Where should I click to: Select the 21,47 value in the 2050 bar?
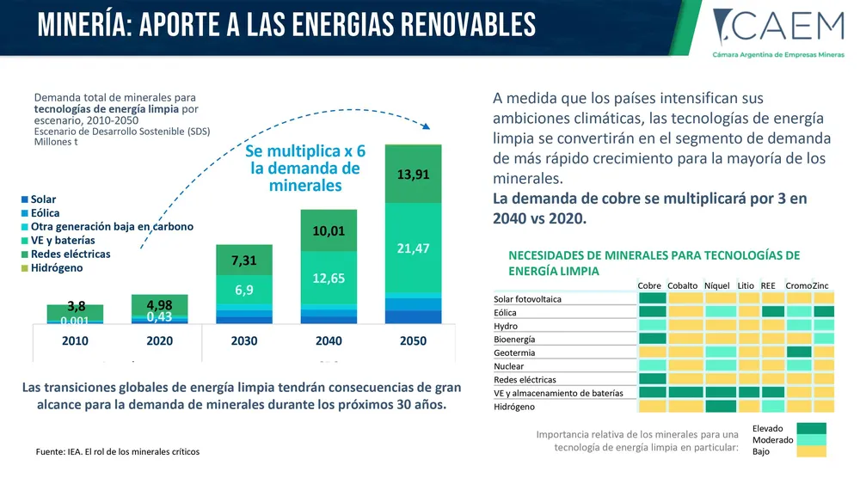413,248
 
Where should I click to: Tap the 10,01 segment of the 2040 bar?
329,230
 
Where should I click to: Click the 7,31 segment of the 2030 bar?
244,260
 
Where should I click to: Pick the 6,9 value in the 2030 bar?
244,290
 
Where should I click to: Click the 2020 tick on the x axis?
160,340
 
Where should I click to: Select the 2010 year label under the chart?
75,340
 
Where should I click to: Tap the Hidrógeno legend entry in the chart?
56,268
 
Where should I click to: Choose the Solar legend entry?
43,199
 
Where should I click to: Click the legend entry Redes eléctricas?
70,254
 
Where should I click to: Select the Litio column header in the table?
746,285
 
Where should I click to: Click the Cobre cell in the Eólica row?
653,312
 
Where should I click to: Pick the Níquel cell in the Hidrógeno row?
720,406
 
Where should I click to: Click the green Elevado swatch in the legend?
810,428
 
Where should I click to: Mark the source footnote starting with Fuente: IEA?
118,451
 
